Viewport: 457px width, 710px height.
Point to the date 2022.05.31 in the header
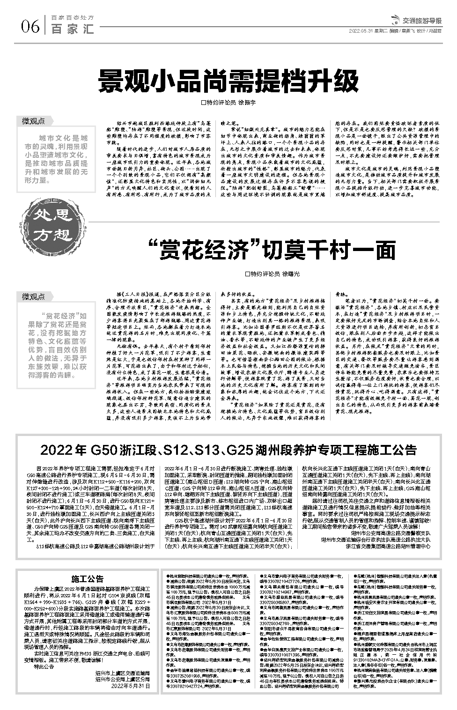(x=360, y=32)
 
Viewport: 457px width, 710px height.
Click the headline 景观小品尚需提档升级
(x=228, y=83)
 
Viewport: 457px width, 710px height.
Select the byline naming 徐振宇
(x=228, y=103)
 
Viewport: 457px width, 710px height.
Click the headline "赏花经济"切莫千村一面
(x=271, y=250)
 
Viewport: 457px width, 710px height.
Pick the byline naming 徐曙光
(x=272, y=274)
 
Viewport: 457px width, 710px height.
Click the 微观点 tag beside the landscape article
(x=34, y=121)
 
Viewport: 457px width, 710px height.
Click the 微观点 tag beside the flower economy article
(x=34, y=296)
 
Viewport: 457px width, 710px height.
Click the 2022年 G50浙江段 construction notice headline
(x=228, y=450)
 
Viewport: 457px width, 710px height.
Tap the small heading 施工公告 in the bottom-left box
(x=88, y=578)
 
